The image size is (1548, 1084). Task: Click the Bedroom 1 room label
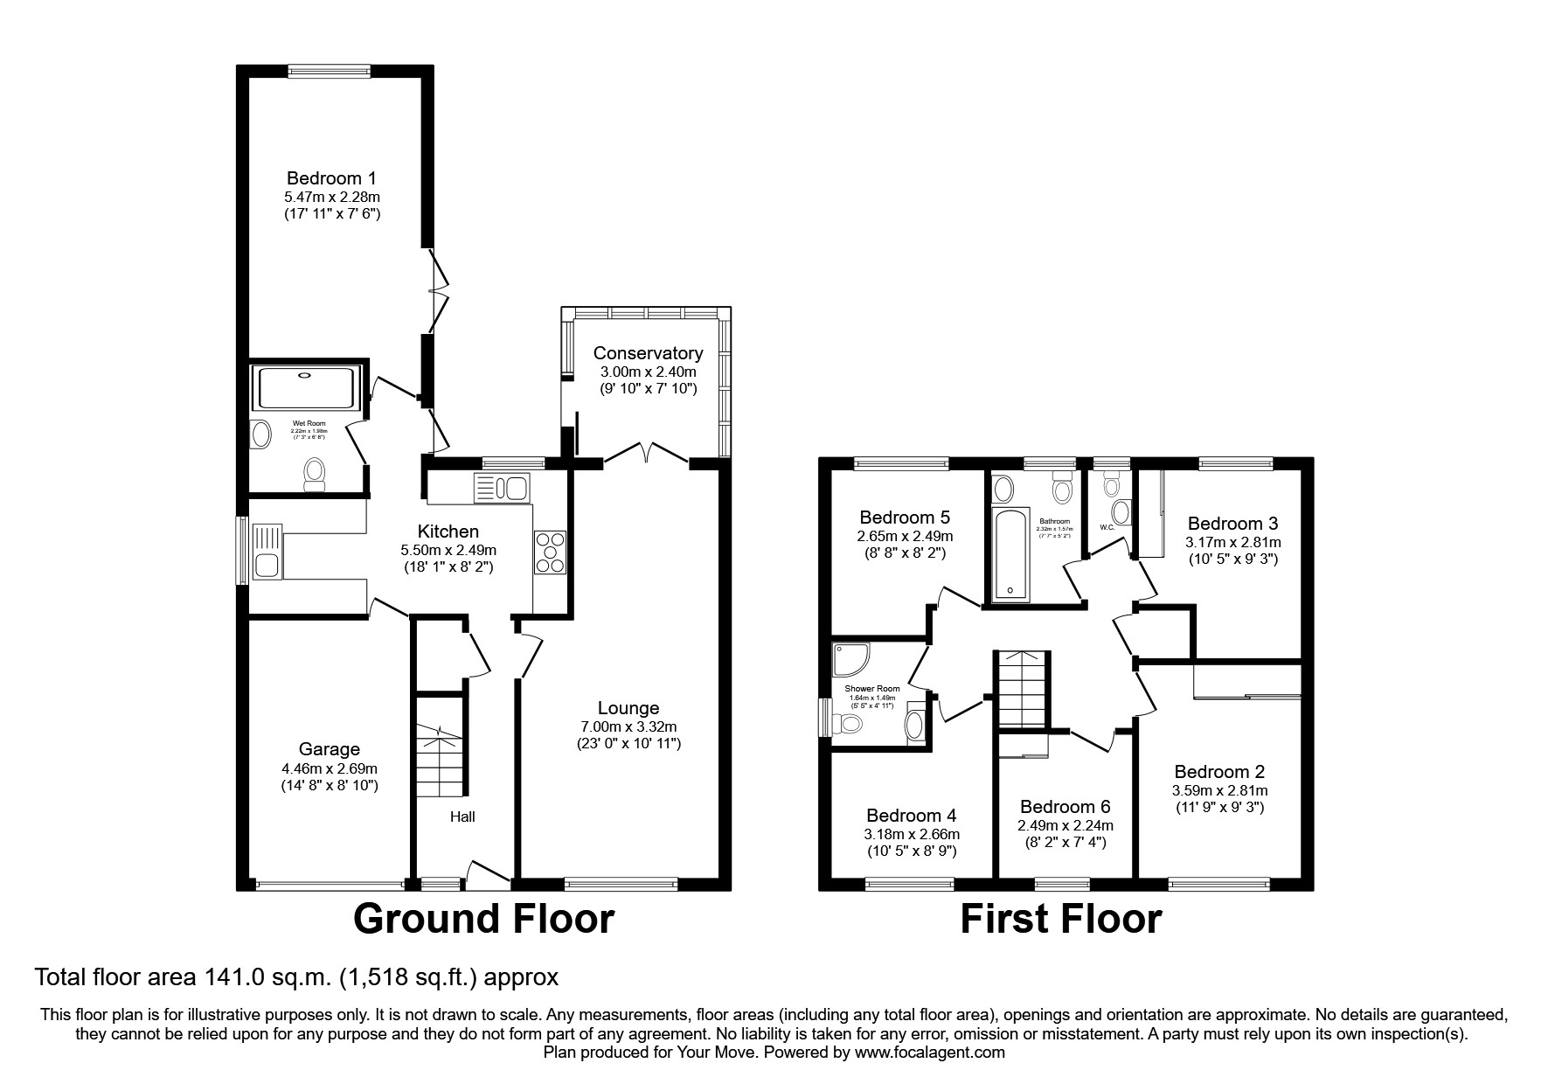tap(331, 179)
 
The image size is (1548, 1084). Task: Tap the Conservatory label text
tap(648, 353)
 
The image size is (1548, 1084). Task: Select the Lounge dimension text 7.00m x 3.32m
tap(628, 726)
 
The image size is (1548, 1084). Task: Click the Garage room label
tap(329, 749)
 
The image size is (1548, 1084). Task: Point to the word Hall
tap(462, 816)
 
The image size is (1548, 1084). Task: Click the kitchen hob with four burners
tap(551, 552)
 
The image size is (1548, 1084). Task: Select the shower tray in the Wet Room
tap(305, 388)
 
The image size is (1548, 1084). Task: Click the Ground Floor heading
tap(483, 920)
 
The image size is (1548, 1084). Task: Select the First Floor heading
tap(1060, 920)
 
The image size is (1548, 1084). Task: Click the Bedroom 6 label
tap(1065, 807)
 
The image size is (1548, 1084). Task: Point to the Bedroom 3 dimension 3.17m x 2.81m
tap(1232, 542)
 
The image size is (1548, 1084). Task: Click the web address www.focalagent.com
tap(929, 1053)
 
